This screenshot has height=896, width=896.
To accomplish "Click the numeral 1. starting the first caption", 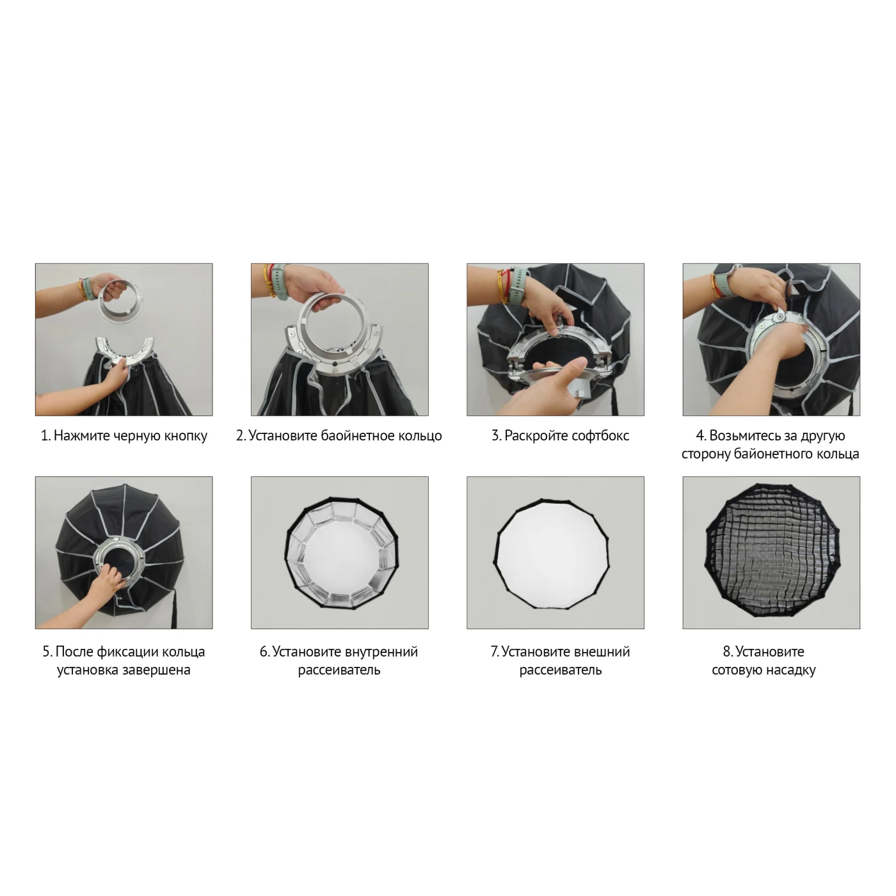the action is tap(45, 436).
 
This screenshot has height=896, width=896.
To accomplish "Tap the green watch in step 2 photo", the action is tap(280, 282).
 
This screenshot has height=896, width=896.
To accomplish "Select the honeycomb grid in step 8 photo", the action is tap(771, 550).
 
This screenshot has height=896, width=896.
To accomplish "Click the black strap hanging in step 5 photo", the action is tap(174, 609).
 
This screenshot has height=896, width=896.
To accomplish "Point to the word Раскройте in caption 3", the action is tap(530, 436).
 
